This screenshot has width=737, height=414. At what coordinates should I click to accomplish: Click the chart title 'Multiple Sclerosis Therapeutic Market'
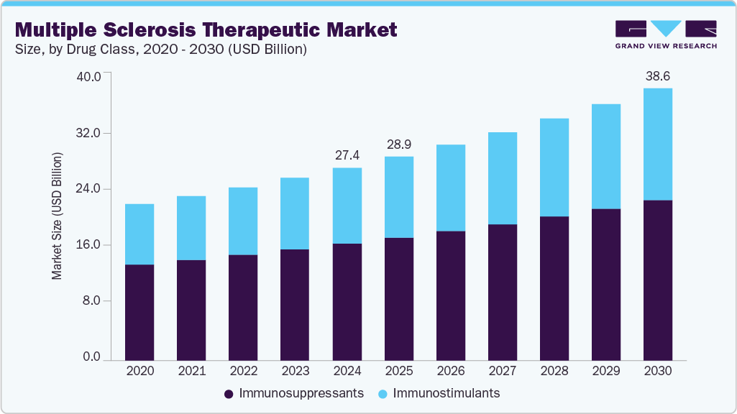pyautogui.click(x=206, y=29)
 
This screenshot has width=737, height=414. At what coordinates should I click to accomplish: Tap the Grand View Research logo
pyautogui.click(x=665, y=34)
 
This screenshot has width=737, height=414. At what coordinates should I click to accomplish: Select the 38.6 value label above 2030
pyautogui.click(x=657, y=75)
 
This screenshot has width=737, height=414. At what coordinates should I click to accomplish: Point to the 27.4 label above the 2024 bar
pyautogui.click(x=347, y=155)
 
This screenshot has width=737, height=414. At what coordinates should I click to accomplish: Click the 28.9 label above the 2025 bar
pyautogui.click(x=398, y=144)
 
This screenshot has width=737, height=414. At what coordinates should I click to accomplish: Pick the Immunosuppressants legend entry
pyautogui.click(x=294, y=393)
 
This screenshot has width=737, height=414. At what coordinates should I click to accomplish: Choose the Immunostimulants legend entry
pyautogui.click(x=440, y=393)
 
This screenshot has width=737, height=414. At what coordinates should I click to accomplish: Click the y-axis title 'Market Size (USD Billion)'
pyautogui.click(x=57, y=216)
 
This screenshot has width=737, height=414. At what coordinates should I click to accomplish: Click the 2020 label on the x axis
pyautogui.click(x=139, y=371)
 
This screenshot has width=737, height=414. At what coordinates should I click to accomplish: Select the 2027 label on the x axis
pyautogui.click(x=502, y=371)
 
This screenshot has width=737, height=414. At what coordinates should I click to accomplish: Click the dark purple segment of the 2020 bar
pyautogui.click(x=139, y=312)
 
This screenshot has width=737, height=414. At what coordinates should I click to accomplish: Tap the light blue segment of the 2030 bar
pyautogui.click(x=657, y=144)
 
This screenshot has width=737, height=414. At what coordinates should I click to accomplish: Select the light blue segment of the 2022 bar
pyautogui.click(x=243, y=221)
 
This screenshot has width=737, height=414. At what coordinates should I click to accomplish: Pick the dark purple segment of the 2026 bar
pyautogui.click(x=450, y=295)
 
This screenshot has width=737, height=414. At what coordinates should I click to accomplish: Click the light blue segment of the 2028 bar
pyautogui.click(x=554, y=167)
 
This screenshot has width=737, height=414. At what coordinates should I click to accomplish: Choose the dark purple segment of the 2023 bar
pyautogui.click(x=295, y=304)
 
